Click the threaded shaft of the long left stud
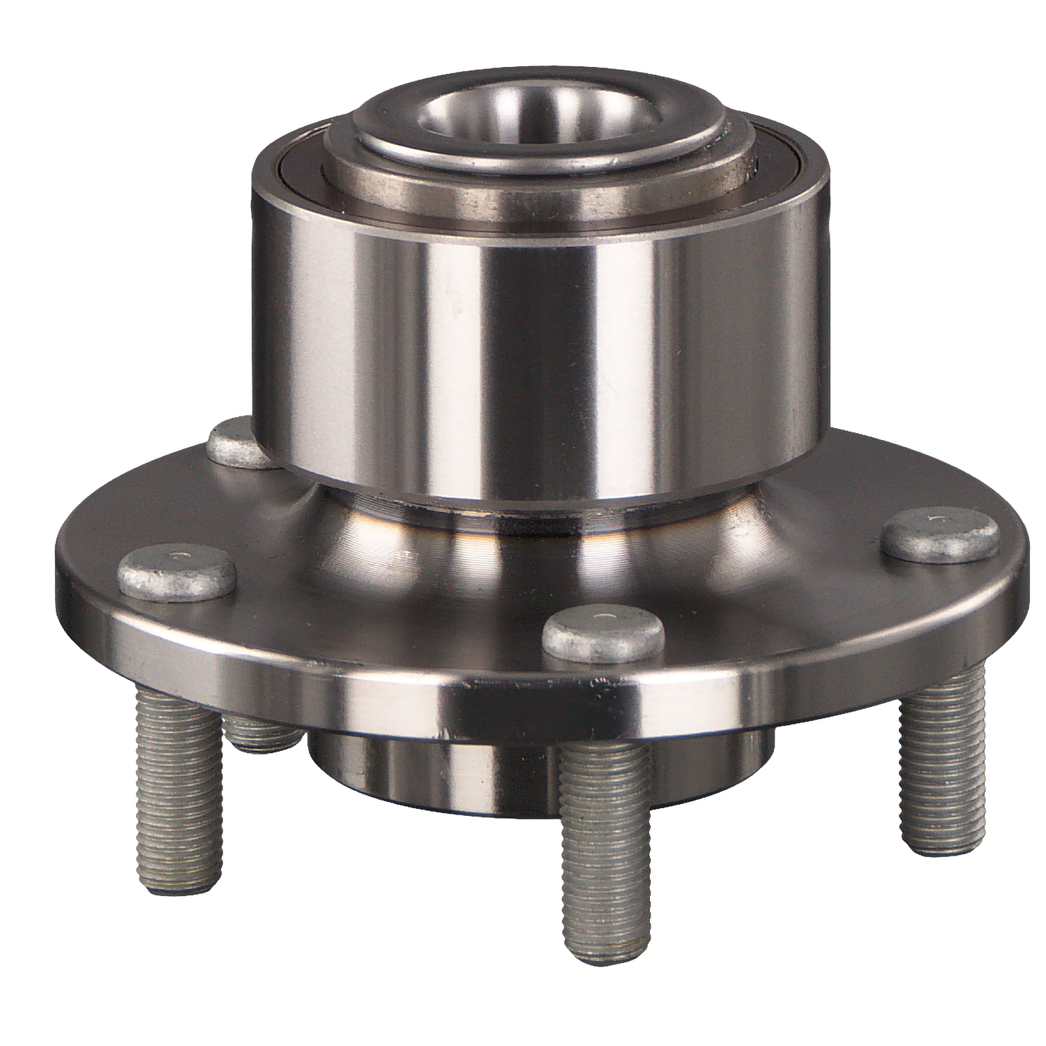(178, 767)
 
